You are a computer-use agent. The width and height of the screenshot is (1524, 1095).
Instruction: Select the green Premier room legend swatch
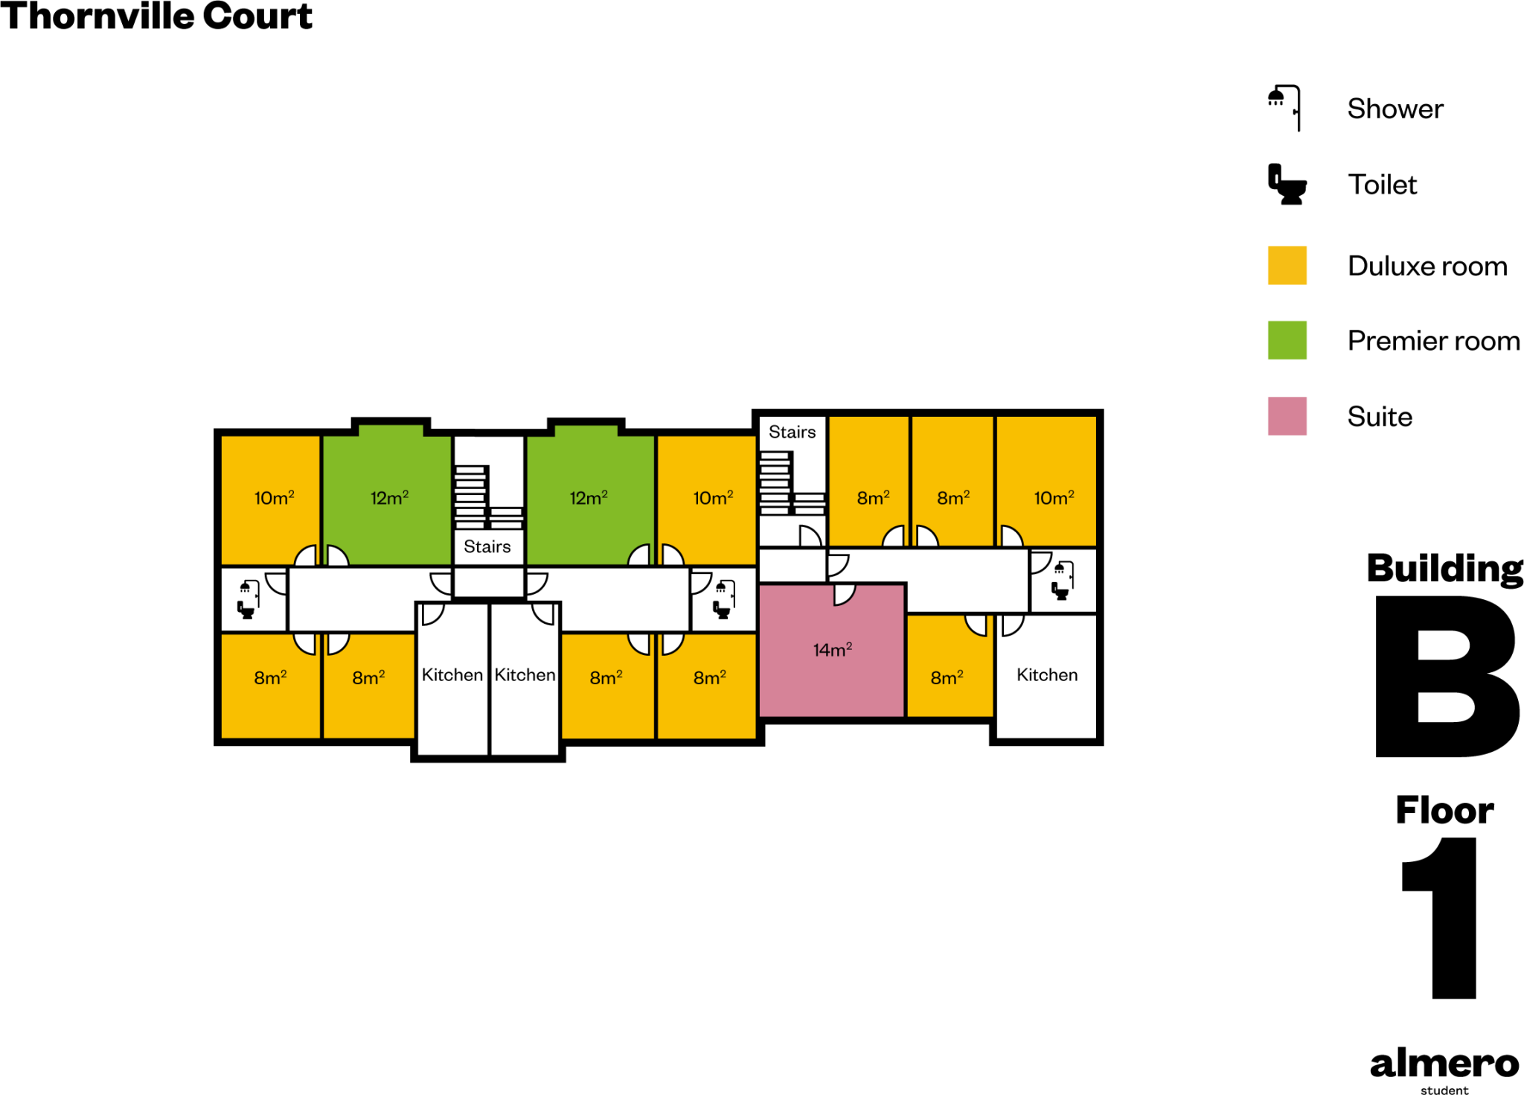click(x=1287, y=340)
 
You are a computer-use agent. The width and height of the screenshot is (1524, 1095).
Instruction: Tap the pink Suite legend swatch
click(x=1287, y=416)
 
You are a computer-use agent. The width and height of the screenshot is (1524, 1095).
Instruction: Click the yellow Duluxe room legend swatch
click(x=1287, y=266)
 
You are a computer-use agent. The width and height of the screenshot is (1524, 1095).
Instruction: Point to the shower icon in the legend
click(x=1285, y=108)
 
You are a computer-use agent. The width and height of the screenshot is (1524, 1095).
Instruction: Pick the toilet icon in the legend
click(x=1287, y=185)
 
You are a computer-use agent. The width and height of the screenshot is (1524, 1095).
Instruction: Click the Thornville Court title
click(x=156, y=16)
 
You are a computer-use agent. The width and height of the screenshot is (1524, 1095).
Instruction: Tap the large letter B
click(x=1445, y=676)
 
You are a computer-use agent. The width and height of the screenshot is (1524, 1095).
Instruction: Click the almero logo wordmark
click(x=1444, y=1064)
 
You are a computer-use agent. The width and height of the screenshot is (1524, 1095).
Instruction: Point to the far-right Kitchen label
click(x=1046, y=674)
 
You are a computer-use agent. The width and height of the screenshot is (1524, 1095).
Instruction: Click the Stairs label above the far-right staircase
click(x=792, y=432)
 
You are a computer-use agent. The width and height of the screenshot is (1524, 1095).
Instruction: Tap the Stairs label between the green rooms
click(x=487, y=546)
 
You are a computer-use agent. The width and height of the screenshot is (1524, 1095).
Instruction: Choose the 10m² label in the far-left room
click(x=274, y=497)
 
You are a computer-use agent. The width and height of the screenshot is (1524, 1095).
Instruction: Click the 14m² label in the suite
click(x=832, y=650)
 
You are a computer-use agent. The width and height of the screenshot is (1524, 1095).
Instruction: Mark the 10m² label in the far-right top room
click(x=1054, y=497)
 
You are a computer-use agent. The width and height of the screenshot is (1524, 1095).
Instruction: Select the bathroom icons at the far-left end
click(x=248, y=599)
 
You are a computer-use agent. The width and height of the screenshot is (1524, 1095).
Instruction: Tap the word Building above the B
click(x=1445, y=569)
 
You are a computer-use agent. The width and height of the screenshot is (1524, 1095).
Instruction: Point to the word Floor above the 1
click(x=1444, y=810)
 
